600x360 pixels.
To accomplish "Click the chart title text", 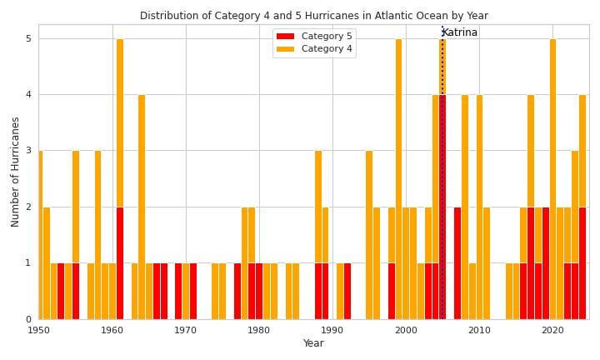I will click(313, 16).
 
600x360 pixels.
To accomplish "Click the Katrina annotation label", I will click(460, 32).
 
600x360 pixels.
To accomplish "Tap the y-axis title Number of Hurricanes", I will click(16, 172).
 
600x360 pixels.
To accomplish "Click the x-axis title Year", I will click(313, 343).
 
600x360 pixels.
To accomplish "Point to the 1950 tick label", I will click(39, 330).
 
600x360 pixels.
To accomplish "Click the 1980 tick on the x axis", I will click(259, 330).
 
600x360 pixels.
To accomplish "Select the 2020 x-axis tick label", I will click(552, 330).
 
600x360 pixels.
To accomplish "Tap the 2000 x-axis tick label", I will click(406, 330).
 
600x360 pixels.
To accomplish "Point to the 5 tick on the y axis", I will click(28, 39).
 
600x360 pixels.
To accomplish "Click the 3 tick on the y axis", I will click(28, 151).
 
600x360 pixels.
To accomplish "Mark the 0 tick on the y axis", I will click(28, 319).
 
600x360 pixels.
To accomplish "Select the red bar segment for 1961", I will click(120, 262).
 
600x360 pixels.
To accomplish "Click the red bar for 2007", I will click(457, 262).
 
